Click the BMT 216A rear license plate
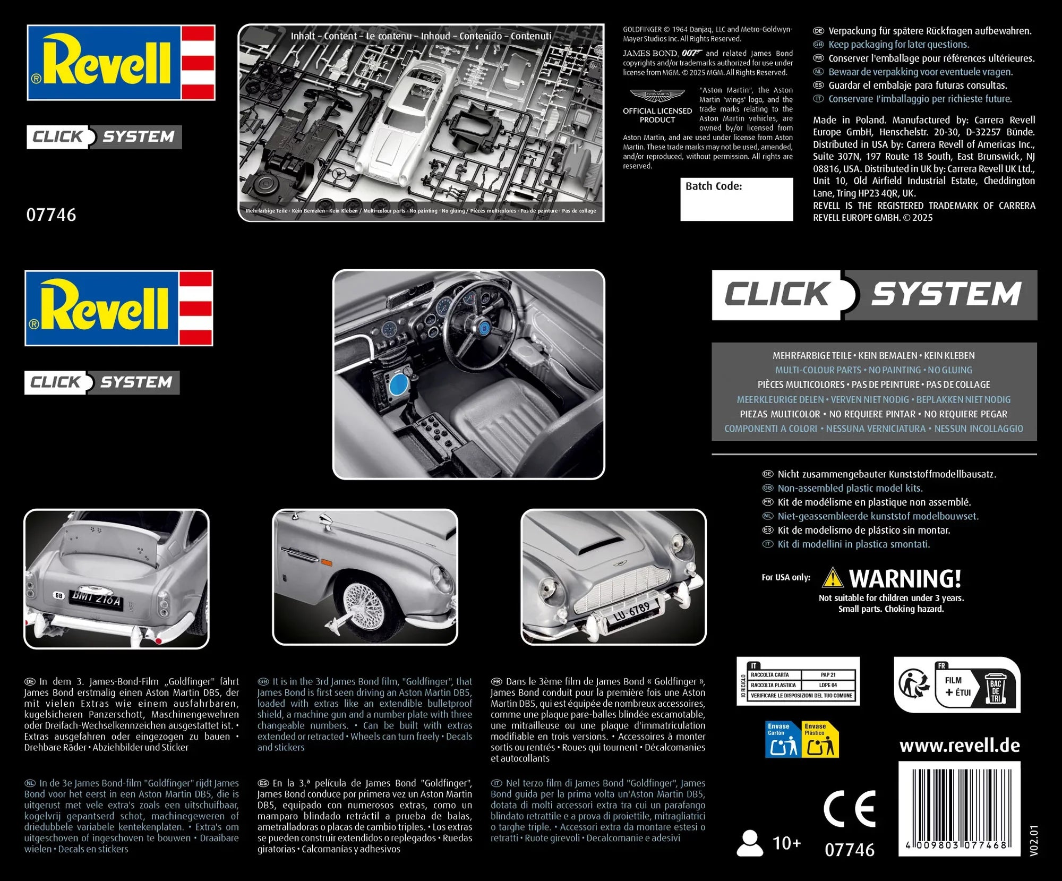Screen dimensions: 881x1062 pos(97,599)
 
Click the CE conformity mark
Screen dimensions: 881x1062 pos(850,809)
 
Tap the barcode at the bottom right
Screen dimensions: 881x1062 pos(959,808)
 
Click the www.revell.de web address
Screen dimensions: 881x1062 pos(960,746)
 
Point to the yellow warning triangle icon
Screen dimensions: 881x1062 pos(832,578)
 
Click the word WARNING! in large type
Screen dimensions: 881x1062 pos(905,578)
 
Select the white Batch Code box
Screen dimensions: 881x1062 pos(736,199)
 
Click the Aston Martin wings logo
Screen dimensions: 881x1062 pos(657,95)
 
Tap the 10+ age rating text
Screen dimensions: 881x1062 pos(786,843)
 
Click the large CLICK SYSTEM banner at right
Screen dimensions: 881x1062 pos(874,295)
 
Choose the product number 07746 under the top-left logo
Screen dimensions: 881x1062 pos(52,215)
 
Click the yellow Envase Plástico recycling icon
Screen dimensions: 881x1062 pos(820,739)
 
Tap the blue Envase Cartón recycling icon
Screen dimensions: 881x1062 pos(783,739)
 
